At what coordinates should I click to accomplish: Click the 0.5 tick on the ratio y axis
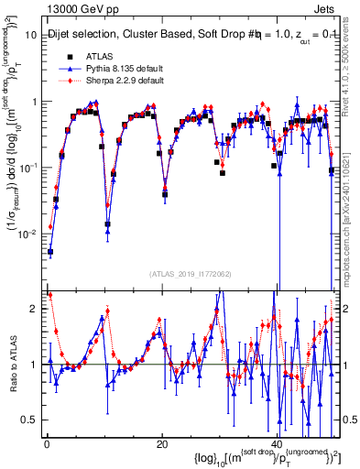[31, 420]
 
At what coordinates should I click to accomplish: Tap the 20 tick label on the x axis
[161, 443]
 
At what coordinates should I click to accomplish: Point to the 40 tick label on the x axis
[278, 443]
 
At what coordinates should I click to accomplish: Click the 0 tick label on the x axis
[46, 443]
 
